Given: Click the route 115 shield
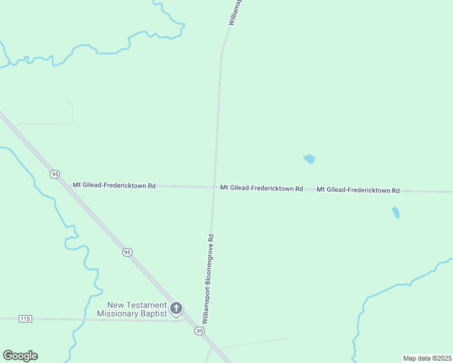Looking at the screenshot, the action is pos(25,318).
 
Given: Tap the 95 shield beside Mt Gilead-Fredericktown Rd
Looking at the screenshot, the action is pos(55,174).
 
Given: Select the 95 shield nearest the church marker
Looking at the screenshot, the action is pos(199,331).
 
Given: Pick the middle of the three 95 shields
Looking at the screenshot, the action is pos(127,252).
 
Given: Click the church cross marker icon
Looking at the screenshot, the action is pos(176,309).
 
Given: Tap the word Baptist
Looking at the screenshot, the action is pos(153,313).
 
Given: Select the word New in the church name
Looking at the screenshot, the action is pos(114,306).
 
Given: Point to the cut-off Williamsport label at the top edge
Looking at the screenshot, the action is pos(236,12).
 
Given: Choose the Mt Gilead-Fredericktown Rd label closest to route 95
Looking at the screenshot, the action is pos(114,186).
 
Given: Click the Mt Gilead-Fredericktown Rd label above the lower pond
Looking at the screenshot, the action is pos(358,190).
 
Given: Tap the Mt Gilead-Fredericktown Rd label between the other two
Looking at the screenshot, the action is pos(262,189).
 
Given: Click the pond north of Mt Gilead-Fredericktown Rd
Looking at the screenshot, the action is pos(309,159).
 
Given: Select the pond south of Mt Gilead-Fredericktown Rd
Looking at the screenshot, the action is pos(395,212).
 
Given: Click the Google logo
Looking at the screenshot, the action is pos(20,356).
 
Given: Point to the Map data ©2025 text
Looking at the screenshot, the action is pos(426,358).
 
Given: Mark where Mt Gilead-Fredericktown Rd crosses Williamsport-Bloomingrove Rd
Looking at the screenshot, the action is pos(214,188).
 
